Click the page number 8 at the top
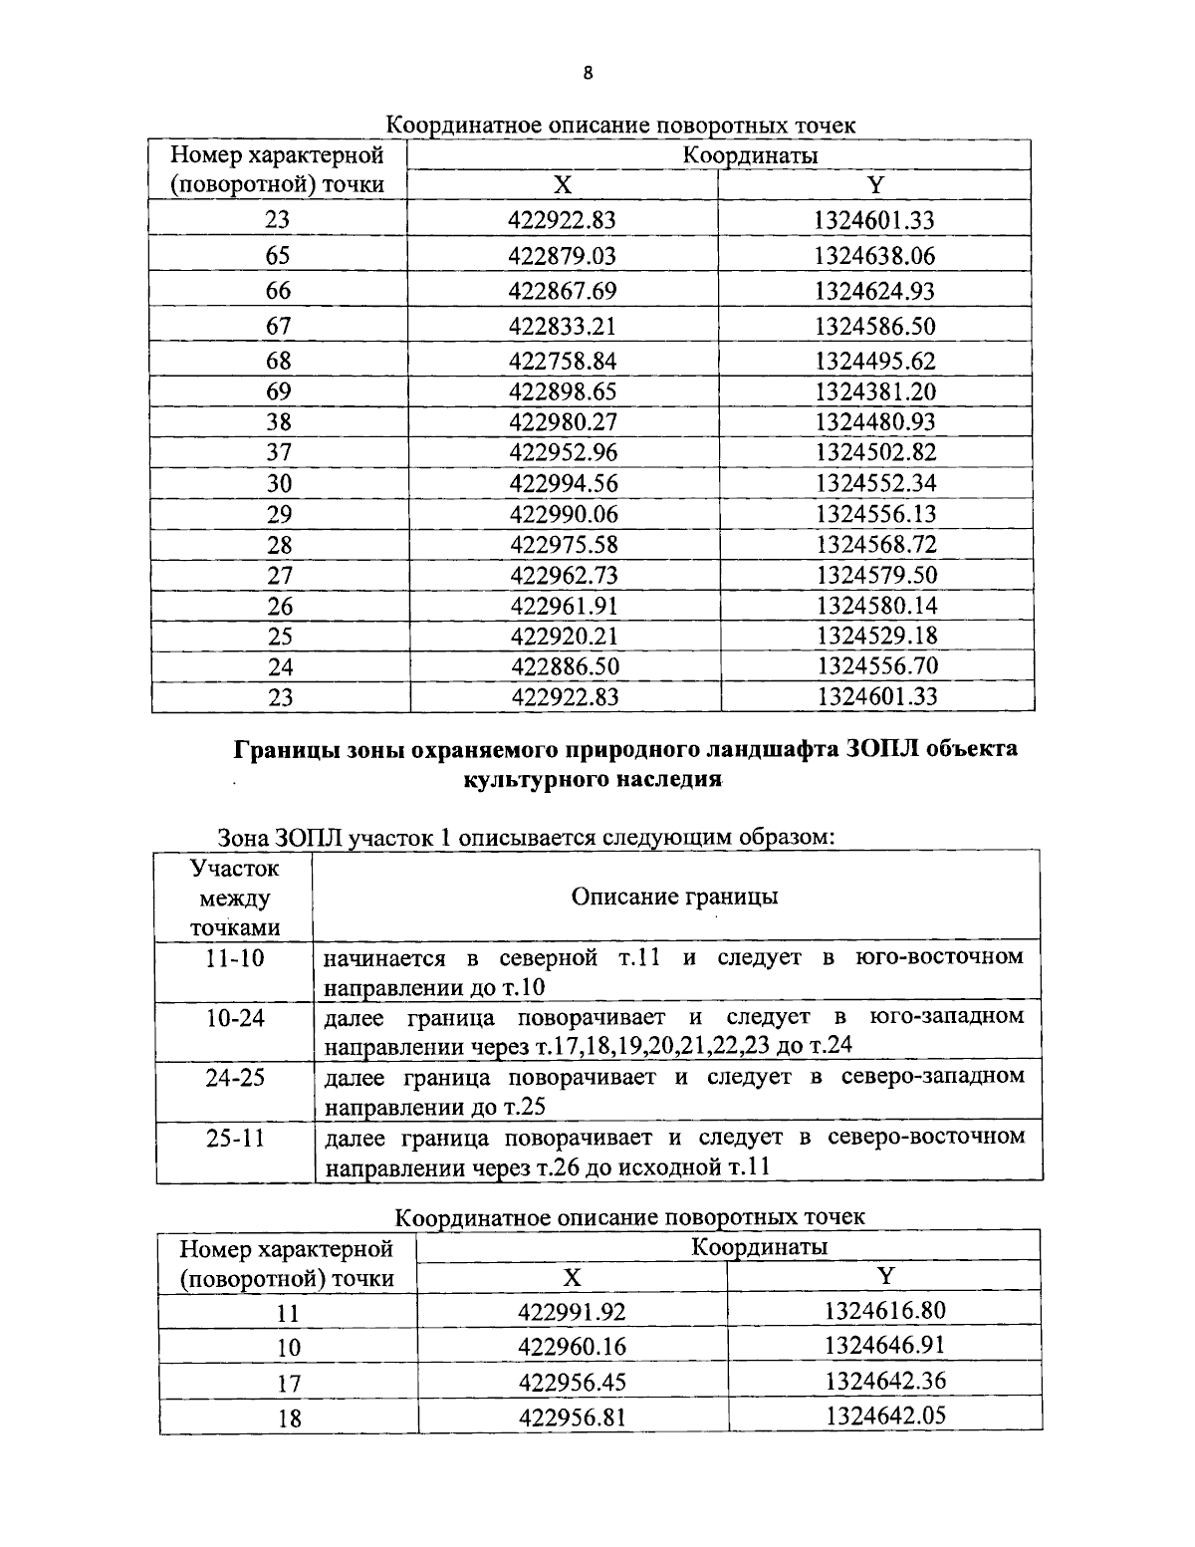tap(588, 73)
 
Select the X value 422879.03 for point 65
tap(563, 256)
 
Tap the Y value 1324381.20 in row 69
tap(875, 391)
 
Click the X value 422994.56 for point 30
tap(564, 483)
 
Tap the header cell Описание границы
tap(674, 896)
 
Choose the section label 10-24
tap(235, 1018)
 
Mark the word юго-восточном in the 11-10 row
tap(939, 957)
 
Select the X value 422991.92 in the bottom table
tap(572, 1312)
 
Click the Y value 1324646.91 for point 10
tap(884, 1346)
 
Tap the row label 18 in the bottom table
tap(288, 1418)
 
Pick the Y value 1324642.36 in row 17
tap(884, 1382)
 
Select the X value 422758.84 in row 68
tap(563, 361)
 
